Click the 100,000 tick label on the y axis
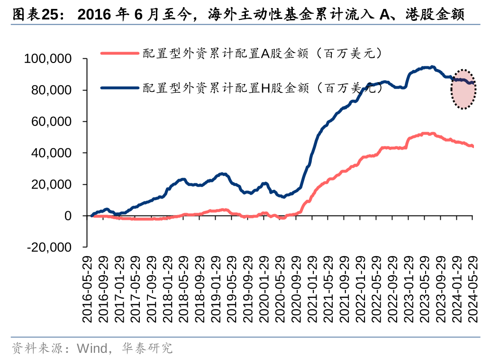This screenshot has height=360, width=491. (47, 59)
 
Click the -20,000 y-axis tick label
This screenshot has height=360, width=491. (49, 247)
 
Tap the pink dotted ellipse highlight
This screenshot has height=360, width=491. (463, 89)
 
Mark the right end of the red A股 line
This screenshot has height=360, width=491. (473, 146)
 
